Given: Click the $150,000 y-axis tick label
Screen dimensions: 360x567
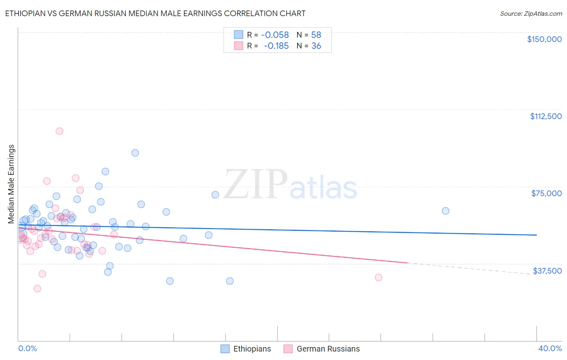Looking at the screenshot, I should (x=544, y=39).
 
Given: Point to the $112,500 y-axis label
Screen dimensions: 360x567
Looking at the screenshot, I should (x=546, y=116).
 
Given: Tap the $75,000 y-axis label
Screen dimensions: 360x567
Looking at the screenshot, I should (x=546, y=193).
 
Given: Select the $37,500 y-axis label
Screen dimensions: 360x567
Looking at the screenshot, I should (x=547, y=271).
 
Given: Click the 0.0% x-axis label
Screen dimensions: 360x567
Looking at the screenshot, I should (x=27, y=348).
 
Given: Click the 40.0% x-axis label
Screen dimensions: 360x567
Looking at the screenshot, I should (x=550, y=348).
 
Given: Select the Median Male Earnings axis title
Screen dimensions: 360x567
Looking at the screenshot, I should (x=11, y=184).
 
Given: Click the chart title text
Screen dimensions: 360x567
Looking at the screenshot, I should (x=155, y=13).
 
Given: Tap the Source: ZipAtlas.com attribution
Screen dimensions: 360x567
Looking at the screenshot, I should (x=531, y=13).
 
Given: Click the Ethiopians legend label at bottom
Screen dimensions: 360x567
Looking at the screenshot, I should (x=252, y=349).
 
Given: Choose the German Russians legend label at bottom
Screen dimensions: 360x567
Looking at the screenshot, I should (x=328, y=349).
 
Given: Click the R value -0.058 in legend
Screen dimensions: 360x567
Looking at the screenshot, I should (x=275, y=35).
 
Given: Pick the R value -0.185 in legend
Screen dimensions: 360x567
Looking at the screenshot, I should (x=276, y=46).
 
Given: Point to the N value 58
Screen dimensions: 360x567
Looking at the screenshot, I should (x=316, y=35).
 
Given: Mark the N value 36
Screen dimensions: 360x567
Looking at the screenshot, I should (x=316, y=46).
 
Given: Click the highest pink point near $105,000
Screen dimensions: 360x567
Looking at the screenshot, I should (x=59, y=131).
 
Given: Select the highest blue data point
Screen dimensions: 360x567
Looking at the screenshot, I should (x=135, y=153).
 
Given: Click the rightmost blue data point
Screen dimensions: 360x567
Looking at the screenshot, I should (x=446, y=211).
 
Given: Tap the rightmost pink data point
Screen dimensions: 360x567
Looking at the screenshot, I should (x=378, y=277).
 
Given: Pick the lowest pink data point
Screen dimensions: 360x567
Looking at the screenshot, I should (x=37, y=289).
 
